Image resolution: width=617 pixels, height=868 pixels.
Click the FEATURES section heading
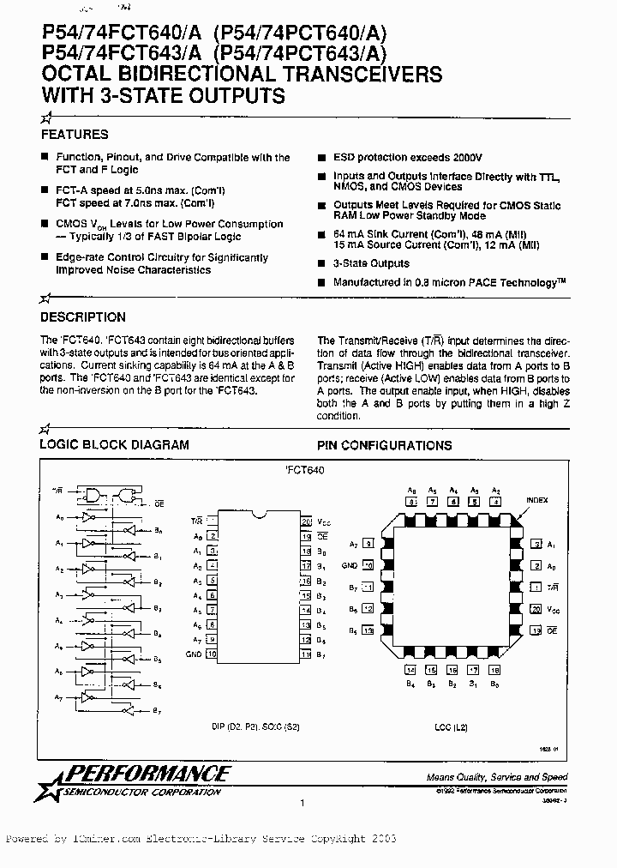coord(75,135)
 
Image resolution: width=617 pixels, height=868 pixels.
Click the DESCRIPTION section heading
coord(83,317)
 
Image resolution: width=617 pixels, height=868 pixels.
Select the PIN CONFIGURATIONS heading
coord(384,446)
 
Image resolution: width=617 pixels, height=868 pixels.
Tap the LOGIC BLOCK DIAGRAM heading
coord(115,445)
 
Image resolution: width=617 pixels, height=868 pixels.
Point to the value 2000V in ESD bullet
coord(464,158)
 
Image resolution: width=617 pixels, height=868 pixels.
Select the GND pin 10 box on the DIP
coord(211,654)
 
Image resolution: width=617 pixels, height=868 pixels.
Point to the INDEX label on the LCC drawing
coord(536,500)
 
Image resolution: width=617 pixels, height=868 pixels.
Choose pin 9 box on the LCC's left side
coord(368,544)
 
